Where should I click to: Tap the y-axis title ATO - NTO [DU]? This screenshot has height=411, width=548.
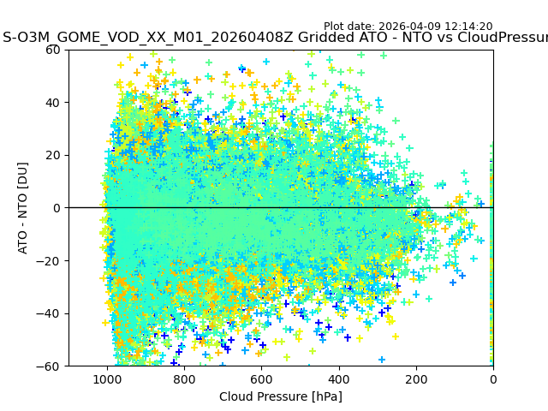[x=24, y=208]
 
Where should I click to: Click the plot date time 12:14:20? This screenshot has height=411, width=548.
[x=468, y=27]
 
